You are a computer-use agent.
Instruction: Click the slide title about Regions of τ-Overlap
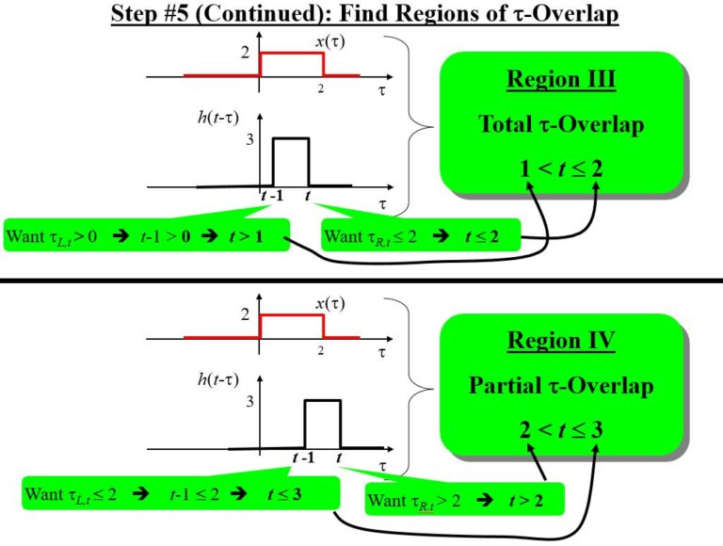[363, 15]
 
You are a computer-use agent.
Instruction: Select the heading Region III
[561, 79]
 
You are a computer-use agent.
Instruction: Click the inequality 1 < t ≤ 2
[561, 169]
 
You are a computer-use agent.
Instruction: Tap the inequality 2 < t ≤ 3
[561, 430]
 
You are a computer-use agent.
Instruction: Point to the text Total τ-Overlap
[561, 124]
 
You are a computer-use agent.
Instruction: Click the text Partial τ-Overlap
[561, 386]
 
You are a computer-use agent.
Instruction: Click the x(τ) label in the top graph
[329, 42]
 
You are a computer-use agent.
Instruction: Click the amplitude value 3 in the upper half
[250, 140]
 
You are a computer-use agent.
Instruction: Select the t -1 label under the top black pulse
[272, 196]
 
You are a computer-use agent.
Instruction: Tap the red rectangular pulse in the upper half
[292, 64]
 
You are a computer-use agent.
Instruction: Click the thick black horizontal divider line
[361, 280]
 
